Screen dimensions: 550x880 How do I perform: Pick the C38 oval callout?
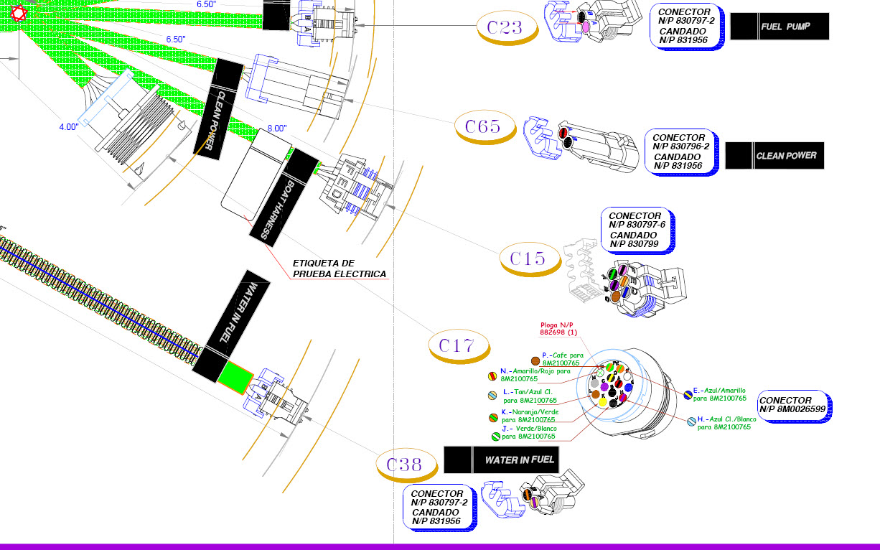point(405,465)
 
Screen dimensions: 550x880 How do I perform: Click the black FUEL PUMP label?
point(780,27)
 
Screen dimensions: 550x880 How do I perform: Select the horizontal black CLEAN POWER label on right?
point(775,155)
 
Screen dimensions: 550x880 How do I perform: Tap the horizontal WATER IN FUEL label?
point(501,460)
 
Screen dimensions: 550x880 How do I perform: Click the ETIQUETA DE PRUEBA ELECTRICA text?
point(340,269)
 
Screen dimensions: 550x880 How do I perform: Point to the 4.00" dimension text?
point(69,127)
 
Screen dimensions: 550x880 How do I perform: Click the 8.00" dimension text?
point(277,129)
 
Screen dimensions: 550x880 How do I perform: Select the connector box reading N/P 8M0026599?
point(794,405)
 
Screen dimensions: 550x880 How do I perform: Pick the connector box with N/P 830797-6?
point(636,230)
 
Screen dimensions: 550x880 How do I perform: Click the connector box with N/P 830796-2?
point(680,152)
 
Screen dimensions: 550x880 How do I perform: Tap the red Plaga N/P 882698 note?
point(559,329)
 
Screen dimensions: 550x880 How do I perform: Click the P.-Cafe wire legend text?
point(562,359)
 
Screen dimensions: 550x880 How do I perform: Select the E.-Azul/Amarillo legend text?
point(719,394)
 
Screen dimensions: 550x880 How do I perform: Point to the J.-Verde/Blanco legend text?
point(528,432)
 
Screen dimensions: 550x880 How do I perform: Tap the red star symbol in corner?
point(18,13)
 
